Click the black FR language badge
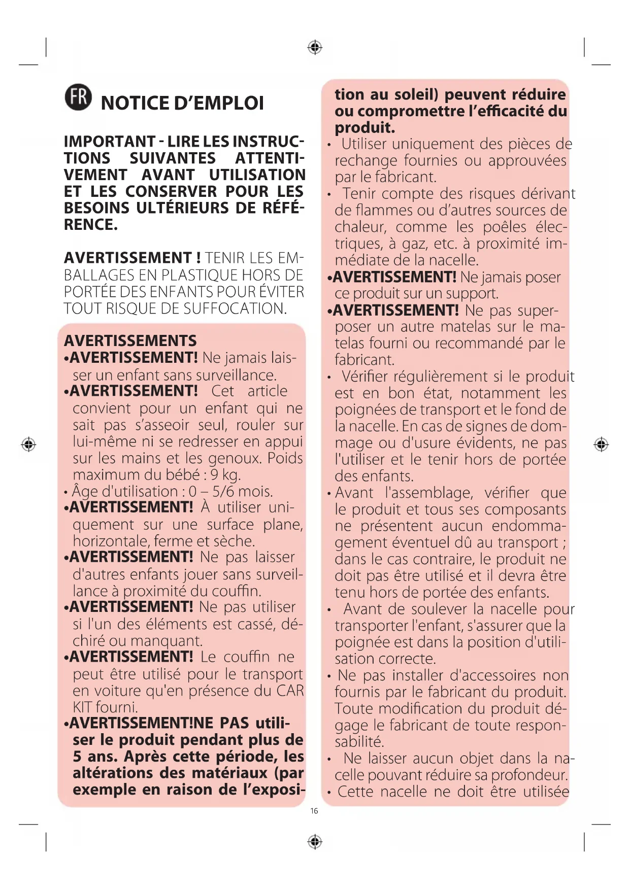[x=79, y=97]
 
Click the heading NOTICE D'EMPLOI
[x=182, y=103]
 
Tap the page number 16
[x=314, y=811]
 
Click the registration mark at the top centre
[x=315, y=48]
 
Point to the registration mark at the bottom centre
[x=315, y=842]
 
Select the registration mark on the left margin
[x=28, y=444]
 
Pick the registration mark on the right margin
[x=601, y=444]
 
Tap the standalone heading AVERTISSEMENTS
[x=130, y=340]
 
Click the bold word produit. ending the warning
[x=364, y=127]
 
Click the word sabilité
[x=359, y=741]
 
